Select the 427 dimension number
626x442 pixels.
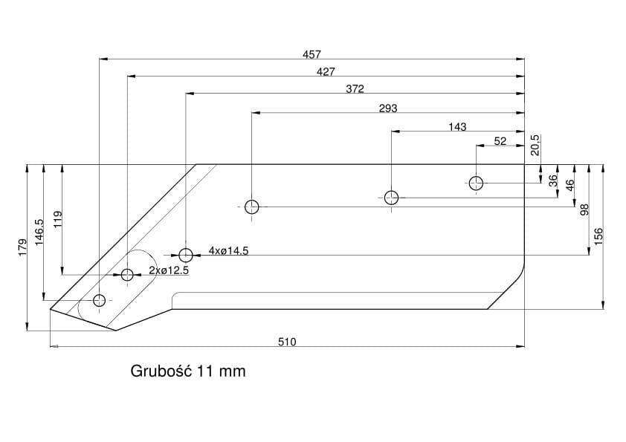tap(326, 71)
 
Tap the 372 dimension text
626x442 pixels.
tap(355, 89)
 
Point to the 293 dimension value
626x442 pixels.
tap(388, 108)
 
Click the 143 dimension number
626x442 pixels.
tap(458, 126)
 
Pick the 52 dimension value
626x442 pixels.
tap(500, 140)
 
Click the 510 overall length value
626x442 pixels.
tap(287, 342)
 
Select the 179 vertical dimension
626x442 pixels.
tap(22, 247)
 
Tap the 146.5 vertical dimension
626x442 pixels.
tap(39, 232)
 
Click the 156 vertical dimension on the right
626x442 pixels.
tap(598, 235)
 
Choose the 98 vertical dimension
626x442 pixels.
tap(584, 210)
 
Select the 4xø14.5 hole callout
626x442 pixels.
tap(228, 251)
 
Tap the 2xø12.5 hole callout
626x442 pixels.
tap(169, 270)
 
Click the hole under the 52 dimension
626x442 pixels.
tap(476, 183)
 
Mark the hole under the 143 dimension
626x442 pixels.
tap(392, 198)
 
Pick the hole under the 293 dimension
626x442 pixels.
tap(253, 207)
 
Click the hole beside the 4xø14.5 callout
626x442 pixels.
tap(186, 256)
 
